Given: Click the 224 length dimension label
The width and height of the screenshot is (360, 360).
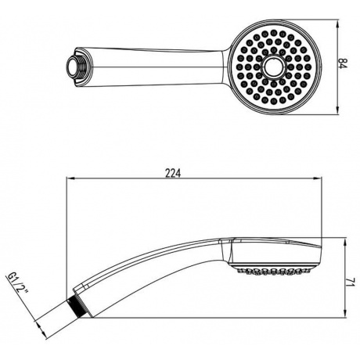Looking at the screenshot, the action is (x=173, y=173).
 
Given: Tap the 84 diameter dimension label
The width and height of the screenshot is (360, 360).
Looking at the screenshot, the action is (x=344, y=64).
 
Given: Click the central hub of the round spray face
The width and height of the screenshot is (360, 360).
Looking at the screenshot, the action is (x=273, y=67).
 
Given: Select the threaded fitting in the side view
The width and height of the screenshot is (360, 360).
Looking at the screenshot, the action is (x=74, y=308).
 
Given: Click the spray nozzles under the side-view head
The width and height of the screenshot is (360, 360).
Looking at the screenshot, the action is (x=275, y=271).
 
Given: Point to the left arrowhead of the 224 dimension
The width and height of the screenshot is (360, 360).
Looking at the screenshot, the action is (x=71, y=178).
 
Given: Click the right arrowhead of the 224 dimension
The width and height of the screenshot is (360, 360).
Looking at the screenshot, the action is (x=317, y=178).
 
